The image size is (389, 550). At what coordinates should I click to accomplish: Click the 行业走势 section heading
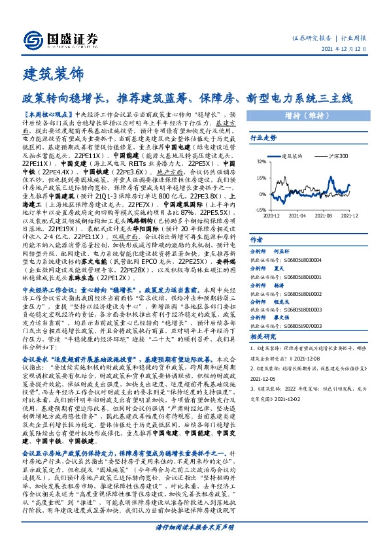(x=263, y=138)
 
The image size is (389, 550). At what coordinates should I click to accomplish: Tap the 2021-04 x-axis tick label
(x=298, y=215)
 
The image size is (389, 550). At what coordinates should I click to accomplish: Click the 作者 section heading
(x=258, y=240)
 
